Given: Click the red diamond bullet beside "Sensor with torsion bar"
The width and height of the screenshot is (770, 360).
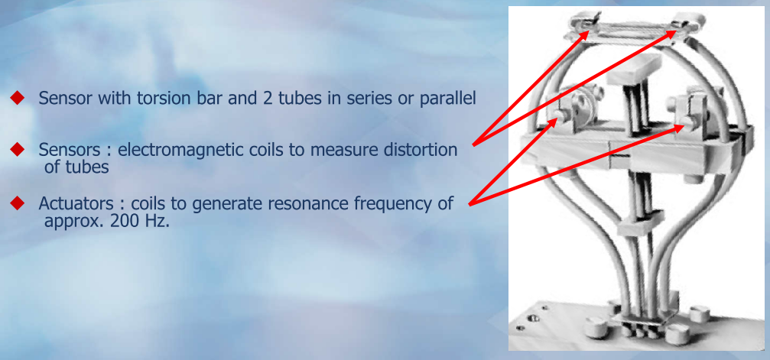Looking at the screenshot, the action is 17,99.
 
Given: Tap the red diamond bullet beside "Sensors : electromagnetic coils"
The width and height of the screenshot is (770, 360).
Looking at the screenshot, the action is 17,149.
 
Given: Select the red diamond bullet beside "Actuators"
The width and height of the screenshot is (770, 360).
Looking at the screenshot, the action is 17,203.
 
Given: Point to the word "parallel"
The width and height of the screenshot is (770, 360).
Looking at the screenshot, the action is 447,99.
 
